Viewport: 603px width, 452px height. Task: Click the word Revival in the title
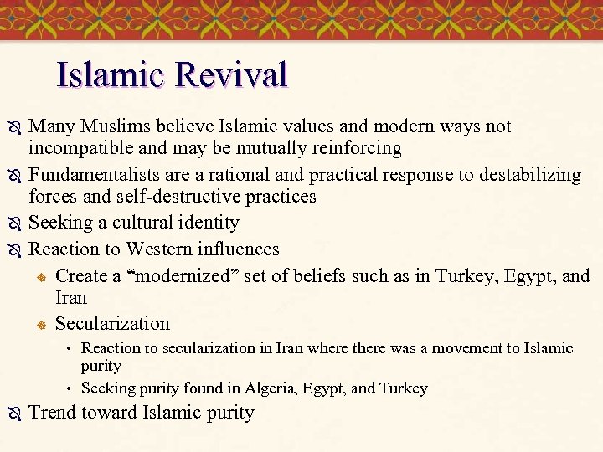231,74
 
